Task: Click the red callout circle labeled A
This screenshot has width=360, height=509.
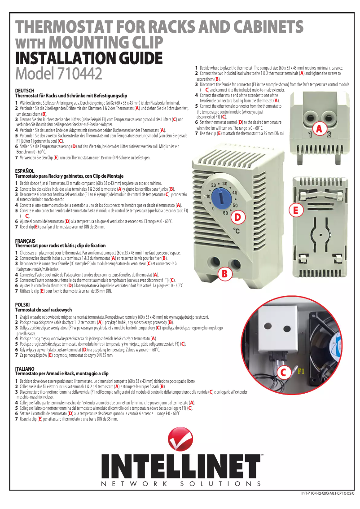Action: click(x=319, y=129)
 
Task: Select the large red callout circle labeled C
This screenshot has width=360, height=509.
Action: click(x=283, y=372)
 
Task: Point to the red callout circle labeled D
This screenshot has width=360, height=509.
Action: click(x=238, y=218)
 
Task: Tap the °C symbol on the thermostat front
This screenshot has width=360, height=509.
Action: click(x=237, y=232)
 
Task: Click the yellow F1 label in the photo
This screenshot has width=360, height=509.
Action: click(x=300, y=371)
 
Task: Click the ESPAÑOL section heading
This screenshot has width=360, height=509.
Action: click(x=25, y=171)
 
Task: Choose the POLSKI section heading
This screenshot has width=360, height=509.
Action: click(x=22, y=305)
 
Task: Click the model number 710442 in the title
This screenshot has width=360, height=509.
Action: click(x=78, y=72)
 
